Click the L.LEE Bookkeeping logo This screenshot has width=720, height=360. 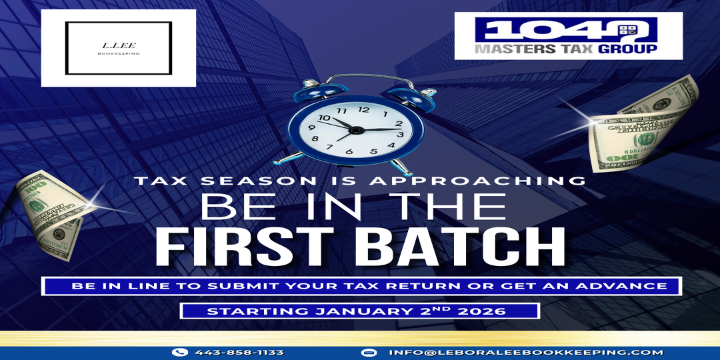pos(119,48)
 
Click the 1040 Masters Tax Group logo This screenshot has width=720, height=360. pos(569,36)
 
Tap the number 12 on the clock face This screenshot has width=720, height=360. pos(364,110)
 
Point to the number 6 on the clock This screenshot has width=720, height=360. pos(349,151)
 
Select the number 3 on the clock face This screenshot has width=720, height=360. pos(401,135)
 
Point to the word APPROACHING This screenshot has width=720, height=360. pos(477,181)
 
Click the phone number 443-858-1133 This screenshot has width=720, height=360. pos(239,353)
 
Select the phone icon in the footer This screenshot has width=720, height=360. pos(179,353)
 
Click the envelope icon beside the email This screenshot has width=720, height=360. pos(368,353)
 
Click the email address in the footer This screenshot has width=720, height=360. pos(526,353)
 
